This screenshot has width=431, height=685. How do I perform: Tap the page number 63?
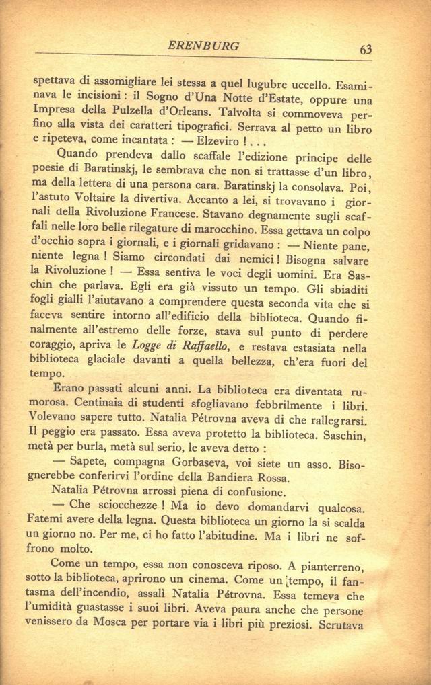tap(366, 49)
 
